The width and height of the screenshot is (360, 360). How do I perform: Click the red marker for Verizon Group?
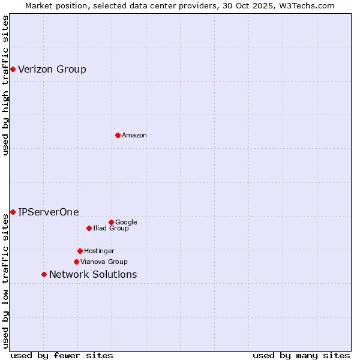coord(13,69)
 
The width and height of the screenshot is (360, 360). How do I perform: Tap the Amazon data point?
coord(118,135)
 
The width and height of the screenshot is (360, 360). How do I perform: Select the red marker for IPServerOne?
coord(13,212)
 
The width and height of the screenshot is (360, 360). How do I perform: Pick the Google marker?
coord(111,222)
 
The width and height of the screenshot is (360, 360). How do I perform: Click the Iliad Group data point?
coord(89,228)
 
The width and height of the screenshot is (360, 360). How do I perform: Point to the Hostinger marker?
coord(80,251)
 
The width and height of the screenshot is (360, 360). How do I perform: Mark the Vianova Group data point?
coord(76,262)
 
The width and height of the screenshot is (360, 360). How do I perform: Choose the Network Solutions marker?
coord(44,274)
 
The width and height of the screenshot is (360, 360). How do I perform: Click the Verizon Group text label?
coord(52,69)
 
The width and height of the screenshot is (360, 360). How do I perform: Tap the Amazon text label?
coord(134,136)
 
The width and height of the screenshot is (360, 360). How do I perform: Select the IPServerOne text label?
coord(48,212)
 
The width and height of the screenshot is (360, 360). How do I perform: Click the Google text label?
coord(126,223)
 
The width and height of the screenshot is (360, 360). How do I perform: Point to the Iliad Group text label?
coord(111,229)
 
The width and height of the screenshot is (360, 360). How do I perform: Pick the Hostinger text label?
coord(99,251)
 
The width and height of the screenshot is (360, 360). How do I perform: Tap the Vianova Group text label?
coord(104,262)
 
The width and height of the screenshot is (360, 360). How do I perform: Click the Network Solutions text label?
coord(93,275)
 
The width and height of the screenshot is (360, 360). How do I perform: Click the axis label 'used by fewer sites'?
coord(62,355)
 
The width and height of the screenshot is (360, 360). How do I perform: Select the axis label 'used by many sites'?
coord(301,355)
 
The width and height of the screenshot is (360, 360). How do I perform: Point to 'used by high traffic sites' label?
coord(5,85)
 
